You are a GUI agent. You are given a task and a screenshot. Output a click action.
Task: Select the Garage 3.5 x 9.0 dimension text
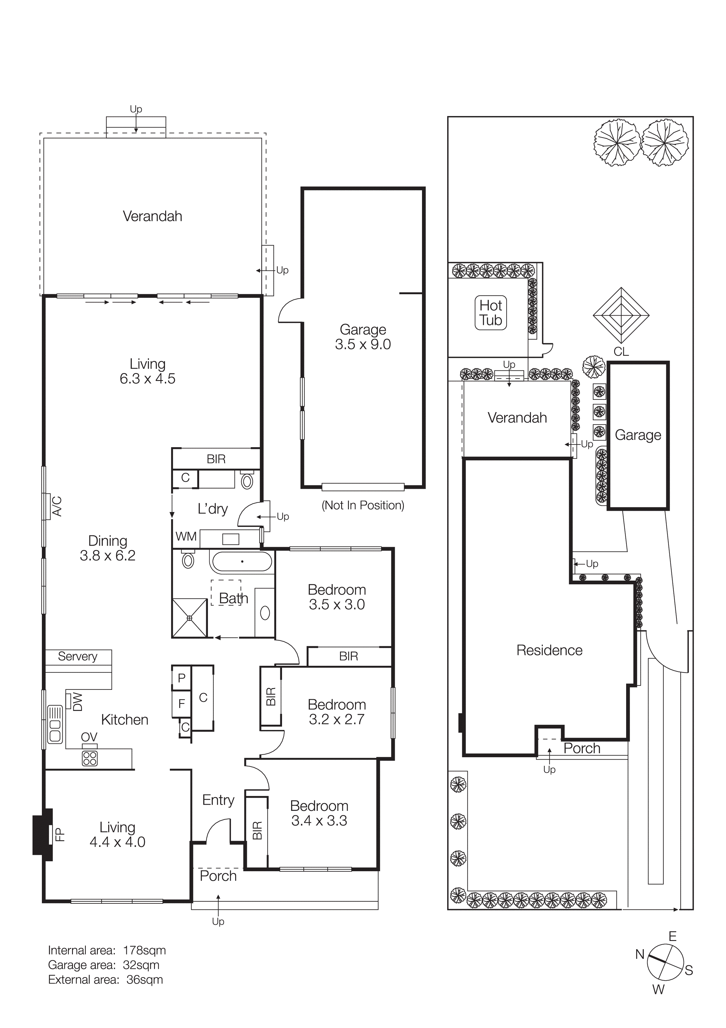(x=363, y=344)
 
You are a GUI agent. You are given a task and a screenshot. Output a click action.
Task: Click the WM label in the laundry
(x=186, y=536)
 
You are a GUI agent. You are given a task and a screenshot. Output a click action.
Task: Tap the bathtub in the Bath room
(x=242, y=561)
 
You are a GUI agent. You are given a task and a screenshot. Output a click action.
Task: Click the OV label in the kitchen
(x=89, y=736)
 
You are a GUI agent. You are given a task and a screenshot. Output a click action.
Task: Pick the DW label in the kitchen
(x=77, y=702)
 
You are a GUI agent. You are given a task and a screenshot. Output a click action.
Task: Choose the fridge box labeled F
(x=181, y=704)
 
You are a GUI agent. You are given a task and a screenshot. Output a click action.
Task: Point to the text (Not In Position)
(x=363, y=506)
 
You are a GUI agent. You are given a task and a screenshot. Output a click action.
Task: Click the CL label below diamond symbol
(x=621, y=352)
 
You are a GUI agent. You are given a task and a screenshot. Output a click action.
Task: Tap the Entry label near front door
(x=218, y=800)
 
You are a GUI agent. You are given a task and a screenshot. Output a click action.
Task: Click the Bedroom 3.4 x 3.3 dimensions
(x=319, y=821)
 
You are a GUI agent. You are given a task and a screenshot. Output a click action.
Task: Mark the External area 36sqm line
(x=105, y=980)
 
